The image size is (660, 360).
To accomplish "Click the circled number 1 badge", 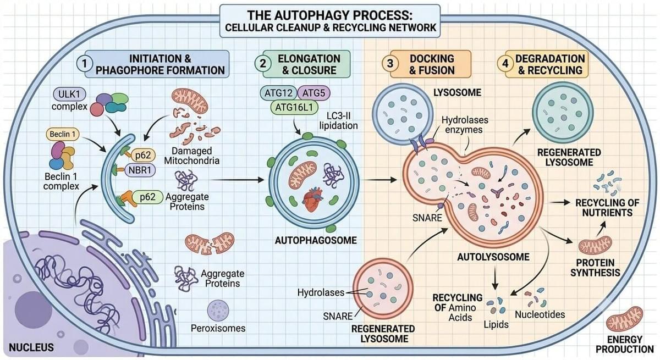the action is (x=85, y=64).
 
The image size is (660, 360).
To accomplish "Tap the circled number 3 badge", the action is (x=390, y=64).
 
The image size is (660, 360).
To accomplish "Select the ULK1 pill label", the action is (x=69, y=94).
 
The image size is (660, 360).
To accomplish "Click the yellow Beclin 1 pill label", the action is (x=63, y=134).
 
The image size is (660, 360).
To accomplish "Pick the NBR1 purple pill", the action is (x=140, y=170).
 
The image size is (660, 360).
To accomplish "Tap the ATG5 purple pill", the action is (x=314, y=93).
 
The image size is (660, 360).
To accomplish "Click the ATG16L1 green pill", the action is (x=294, y=107).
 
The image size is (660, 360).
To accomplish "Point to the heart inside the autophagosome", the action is (x=313, y=200).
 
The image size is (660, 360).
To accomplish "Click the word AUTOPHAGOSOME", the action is (x=316, y=240).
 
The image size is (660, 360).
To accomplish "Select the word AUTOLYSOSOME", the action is (x=493, y=257).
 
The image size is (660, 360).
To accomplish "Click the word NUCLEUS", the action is (x=31, y=347).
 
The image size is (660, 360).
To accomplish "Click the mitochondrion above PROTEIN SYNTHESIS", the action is (x=595, y=246).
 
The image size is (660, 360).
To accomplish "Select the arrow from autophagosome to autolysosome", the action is (x=381, y=179).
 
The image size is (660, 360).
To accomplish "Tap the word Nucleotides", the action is (x=540, y=315).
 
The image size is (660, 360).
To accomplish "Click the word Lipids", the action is (x=496, y=324).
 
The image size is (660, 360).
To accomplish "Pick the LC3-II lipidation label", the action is (x=339, y=120).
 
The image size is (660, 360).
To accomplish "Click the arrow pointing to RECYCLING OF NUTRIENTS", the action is (x=560, y=202).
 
